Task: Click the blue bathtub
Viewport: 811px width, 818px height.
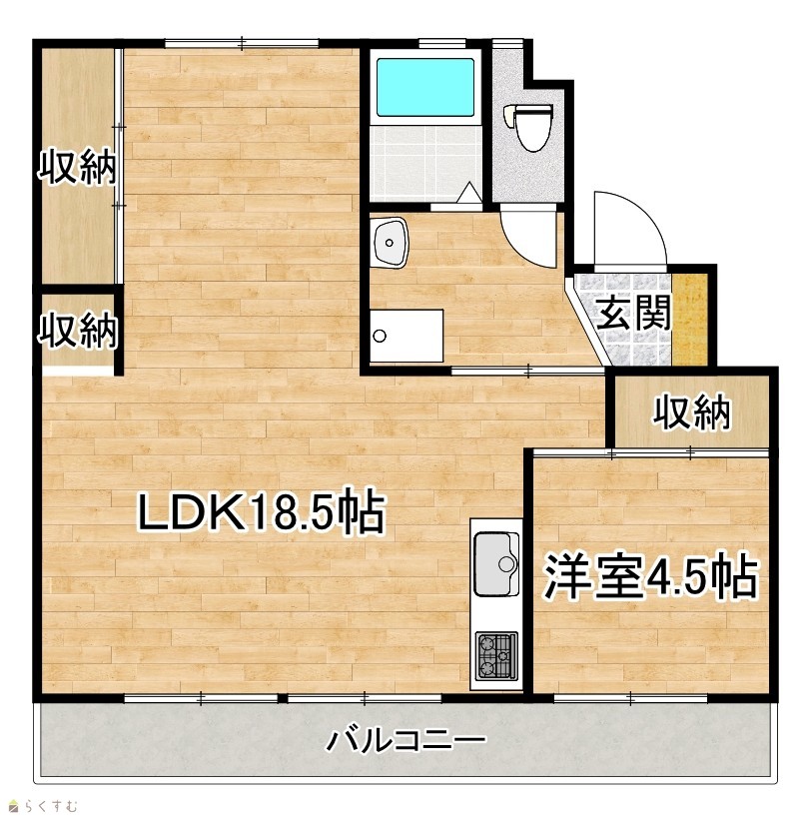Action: point(425,87)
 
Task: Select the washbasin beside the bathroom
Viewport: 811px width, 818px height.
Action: point(390,242)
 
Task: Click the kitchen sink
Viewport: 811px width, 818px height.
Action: point(496,564)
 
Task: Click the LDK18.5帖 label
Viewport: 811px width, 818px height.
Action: point(262,511)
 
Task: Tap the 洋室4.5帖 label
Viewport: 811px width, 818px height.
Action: point(650,575)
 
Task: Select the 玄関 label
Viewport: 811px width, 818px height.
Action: point(633,313)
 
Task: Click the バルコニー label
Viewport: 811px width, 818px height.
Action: point(405,741)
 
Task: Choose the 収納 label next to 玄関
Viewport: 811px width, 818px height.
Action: point(692,412)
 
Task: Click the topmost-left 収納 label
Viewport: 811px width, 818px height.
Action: point(78,167)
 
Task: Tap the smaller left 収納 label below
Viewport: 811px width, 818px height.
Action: point(78,330)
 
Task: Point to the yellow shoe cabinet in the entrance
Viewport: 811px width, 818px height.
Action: point(689,320)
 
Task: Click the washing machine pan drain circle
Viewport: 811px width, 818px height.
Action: point(380,336)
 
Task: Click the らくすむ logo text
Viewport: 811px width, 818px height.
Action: point(44,806)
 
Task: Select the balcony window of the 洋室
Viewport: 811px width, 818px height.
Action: point(630,697)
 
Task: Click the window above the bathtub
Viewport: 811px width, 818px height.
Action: point(442,43)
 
